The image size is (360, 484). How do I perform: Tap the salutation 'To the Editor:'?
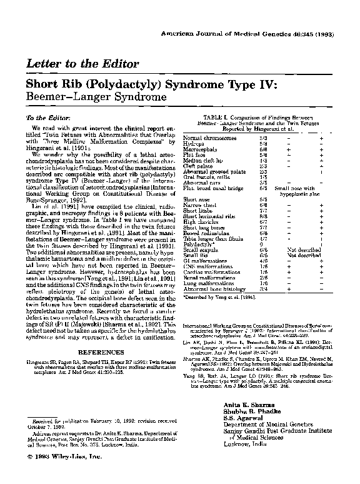46,118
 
